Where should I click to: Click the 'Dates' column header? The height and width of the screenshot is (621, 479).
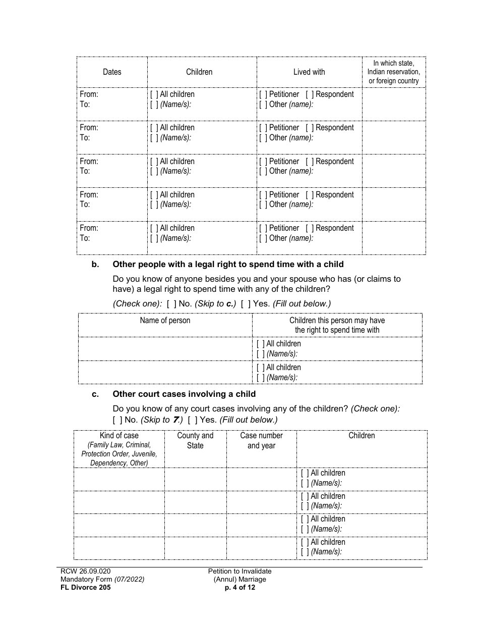(x=112, y=72)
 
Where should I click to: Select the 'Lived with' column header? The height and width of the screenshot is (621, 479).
(x=309, y=72)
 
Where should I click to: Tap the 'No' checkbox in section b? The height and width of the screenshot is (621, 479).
(x=171, y=303)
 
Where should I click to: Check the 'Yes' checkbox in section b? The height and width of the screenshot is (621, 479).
(x=246, y=303)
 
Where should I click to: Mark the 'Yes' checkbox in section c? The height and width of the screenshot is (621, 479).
(x=192, y=420)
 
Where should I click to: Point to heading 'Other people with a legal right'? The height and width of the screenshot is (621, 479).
(x=228, y=264)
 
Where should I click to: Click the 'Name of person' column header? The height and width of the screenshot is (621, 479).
(x=165, y=321)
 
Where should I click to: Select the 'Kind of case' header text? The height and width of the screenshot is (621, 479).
(x=119, y=436)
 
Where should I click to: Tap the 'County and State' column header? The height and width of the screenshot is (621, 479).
(x=195, y=440)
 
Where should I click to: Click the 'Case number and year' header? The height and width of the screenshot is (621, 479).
(x=261, y=440)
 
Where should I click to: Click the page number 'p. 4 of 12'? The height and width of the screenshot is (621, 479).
(x=240, y=587)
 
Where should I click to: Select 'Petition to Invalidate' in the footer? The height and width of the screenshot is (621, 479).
(x=240, y=572)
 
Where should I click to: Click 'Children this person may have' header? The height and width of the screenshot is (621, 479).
(x=337, y=321)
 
